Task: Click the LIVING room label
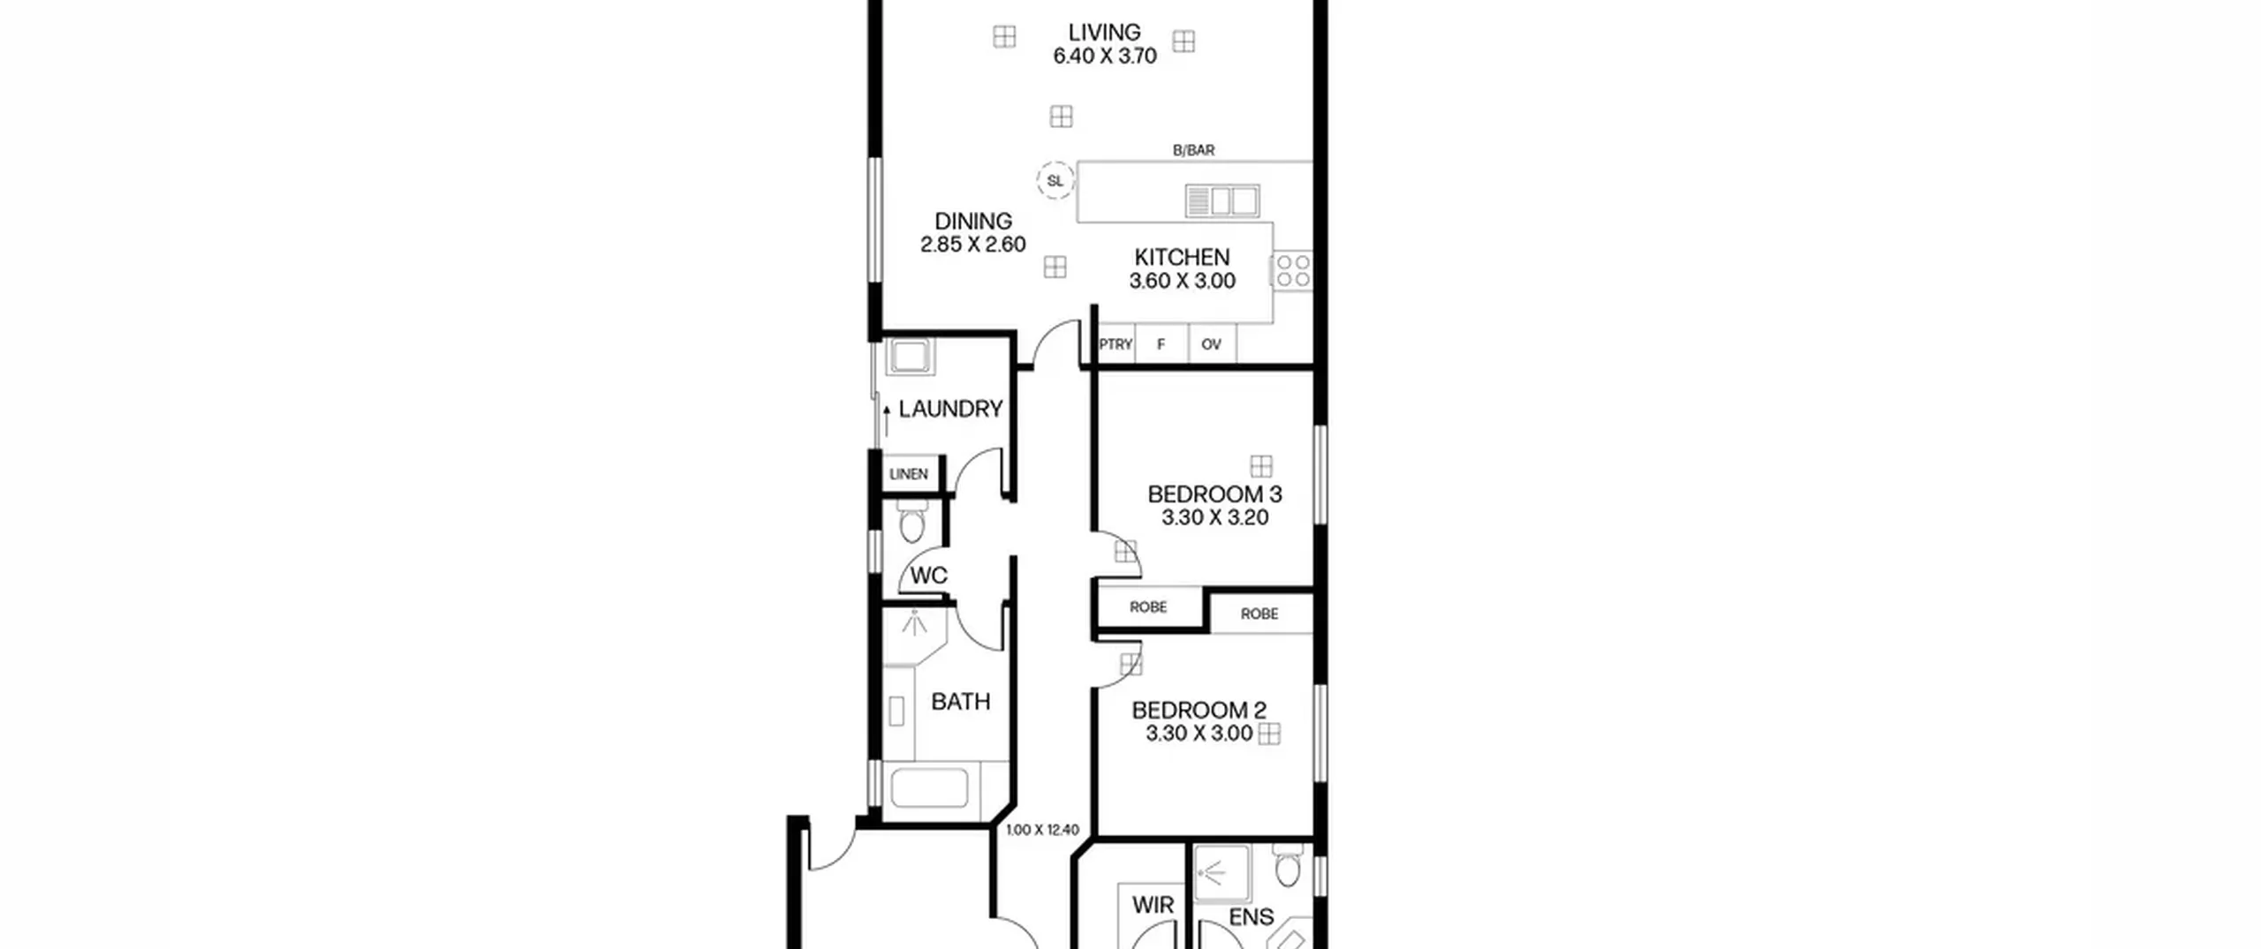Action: tap(1104, 33)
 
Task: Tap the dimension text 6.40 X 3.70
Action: tap(1105, 56)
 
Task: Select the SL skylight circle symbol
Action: tap(1055, 181)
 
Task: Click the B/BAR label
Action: tap(1193, 151)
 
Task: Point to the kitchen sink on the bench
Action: tap(1222, 200)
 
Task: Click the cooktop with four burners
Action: tap(1293, 271)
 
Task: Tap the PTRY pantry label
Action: tap(1115, 344)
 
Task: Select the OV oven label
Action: tap(1211, 344)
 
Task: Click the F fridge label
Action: tap(1161, 344)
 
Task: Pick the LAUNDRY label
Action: tap(950, 410)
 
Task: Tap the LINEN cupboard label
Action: tap(908, 474)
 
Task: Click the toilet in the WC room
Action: tap(911, 522)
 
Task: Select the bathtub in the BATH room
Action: tap(929, 788)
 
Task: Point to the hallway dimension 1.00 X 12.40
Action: tap(1042, 830)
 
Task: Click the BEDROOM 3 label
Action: tap(1214, 494)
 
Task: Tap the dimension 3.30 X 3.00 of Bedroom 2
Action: tap(1199, 734)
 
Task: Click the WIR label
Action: tap(1153, 906)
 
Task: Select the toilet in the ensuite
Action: tap(1288, 866)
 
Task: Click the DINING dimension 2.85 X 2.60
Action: tap(972, 245)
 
